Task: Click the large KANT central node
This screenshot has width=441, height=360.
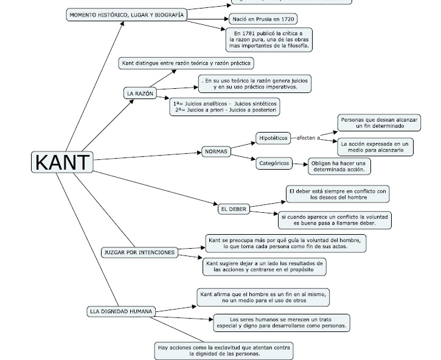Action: (x=62, y=162)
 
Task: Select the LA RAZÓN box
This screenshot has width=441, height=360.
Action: (x=139, y=94)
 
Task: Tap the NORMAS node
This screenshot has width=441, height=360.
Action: (x=216, y=151)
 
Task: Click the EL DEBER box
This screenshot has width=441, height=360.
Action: (x=233, y=209)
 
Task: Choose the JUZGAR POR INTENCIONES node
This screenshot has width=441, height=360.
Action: (x=139, y=252)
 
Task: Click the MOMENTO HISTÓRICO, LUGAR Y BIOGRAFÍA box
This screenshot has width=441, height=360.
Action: (x=126, y=15)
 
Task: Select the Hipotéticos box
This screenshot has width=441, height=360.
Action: (x=273, y=138)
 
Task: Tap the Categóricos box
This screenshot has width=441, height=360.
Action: (x=273, y=163)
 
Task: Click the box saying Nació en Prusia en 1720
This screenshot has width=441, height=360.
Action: (x=263, y=19)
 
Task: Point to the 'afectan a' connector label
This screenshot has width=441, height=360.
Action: (x=308, y=138)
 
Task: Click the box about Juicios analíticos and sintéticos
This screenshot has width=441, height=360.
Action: (x=224, y=106)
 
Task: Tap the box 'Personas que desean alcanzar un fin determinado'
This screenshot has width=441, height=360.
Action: (x=379, y=123)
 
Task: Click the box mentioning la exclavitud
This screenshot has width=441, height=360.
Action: (x=224, y=350)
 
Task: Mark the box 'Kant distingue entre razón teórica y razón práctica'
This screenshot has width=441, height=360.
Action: (x=186, y=63)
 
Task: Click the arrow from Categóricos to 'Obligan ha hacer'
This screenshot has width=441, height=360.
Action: (x=299, y=164)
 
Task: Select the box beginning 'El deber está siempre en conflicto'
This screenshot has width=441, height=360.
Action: (x=338, y=194)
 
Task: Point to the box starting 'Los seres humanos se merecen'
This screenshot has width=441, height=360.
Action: (x=281, y=322)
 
